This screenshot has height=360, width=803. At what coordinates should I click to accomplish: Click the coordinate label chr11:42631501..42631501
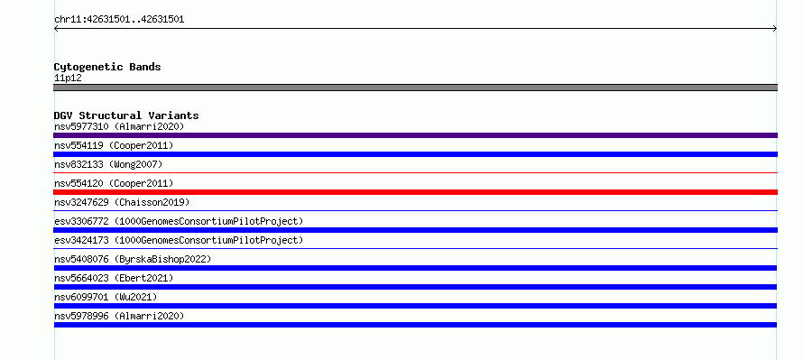(119, 20)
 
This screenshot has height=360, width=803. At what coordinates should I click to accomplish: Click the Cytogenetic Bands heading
(107, 67)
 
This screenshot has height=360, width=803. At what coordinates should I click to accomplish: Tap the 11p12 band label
(68, 78)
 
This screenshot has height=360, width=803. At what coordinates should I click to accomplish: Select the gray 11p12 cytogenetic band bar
(415, 88)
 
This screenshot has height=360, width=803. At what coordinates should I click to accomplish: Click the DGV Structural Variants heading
(126, 115)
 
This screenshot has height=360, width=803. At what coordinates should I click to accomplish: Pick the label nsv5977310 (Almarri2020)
(119, 126)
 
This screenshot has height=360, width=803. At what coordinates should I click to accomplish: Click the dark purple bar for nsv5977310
(415, 135)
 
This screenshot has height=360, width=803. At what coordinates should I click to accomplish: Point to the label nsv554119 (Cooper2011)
(115, 145)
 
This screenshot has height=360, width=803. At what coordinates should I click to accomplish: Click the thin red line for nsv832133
(415, 173)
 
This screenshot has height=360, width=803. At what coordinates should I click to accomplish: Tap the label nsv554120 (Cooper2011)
(115, 183)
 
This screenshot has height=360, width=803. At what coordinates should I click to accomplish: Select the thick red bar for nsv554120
(415, 192)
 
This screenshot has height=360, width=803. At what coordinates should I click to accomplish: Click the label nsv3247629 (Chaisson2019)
(122, 202)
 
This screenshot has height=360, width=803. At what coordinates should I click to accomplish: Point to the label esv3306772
(81, 221)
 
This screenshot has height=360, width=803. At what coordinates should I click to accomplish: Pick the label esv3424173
(81, 240)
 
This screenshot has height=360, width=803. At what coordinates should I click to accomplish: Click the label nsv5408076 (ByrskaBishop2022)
(133, 259)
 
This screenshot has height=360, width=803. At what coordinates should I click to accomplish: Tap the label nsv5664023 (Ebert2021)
(115, 278)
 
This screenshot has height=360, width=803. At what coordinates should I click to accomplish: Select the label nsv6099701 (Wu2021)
(106, 297)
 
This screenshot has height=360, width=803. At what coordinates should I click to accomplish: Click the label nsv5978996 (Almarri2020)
(119, 316)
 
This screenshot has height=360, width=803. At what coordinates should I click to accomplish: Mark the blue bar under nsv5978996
(415, 325)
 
